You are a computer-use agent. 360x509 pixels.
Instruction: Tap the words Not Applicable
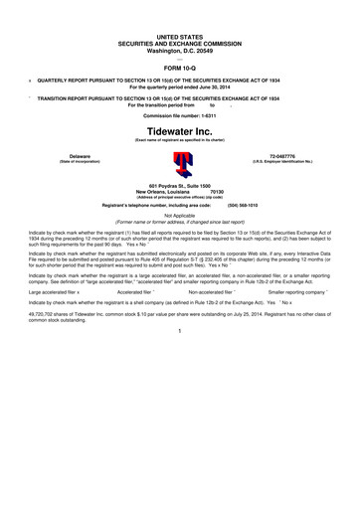tap(180, 215)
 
